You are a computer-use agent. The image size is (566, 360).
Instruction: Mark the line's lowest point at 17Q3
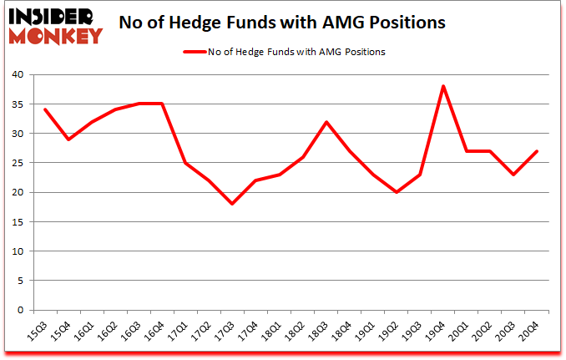[232, 204]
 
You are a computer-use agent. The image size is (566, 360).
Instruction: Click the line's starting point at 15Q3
[45, 109]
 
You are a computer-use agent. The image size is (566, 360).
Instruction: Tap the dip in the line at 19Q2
[397, 192]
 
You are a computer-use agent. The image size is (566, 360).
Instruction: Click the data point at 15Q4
[68, 139]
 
